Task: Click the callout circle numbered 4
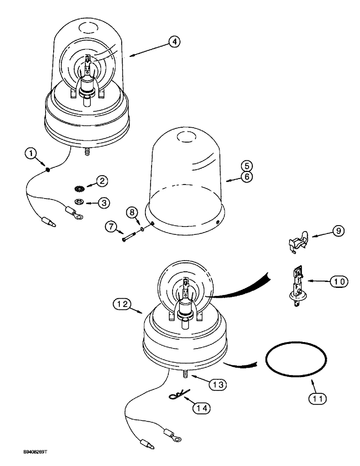(173, 42)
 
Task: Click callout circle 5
(247, 165)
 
